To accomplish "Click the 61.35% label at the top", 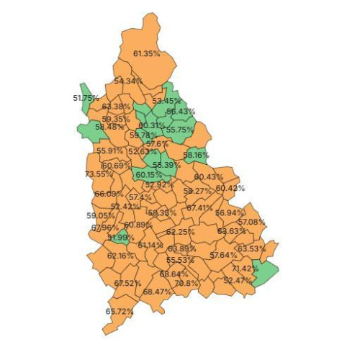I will pyautogui.click(x=147, y=53).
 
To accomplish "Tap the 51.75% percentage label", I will pyautogui.click(x=86, y=97).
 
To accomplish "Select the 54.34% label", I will pyautogui.click(x=127, y=81).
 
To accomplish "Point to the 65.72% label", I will pyautogui.click(x=120, y=311).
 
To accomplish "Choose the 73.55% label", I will pyautogui.click(x=98, y=174).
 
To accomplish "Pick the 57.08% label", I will pyautogui.click(x=252, y=222).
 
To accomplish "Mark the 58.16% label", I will pyautogui.click(x=196, y=154).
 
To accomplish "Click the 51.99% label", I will pyautogui.click(x=120, y=237).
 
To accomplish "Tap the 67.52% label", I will pyautogui.click(x=127, y=283).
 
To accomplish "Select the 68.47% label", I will pyautogui.click(x=157, y=292).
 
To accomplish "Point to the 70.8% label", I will pyautogui.click(x=186, y=283).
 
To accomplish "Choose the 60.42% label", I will pyautogui.click(x=230, y=188).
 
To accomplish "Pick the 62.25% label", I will pyautogui.click(x=181, y=232).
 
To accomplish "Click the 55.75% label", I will pyautogui.click(x=178, y=130).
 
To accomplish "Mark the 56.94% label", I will pyautogui.click(x=230, y=213).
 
